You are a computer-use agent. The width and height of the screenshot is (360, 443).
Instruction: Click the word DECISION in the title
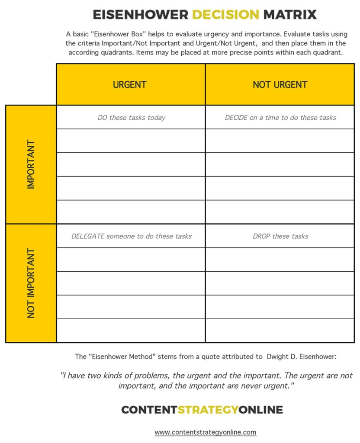coord(225,14)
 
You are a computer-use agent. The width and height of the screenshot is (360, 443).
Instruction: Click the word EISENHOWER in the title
coord(141,14)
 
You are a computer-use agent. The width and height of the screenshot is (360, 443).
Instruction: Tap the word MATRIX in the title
coord(290,14)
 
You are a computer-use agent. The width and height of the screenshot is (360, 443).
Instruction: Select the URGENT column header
coord(130,85)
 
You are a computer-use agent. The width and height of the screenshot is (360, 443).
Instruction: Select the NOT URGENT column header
coord(280,85)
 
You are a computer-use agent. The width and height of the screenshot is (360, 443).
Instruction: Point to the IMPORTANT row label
coord(31,164)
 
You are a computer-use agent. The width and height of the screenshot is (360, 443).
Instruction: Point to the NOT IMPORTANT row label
coord(31,283)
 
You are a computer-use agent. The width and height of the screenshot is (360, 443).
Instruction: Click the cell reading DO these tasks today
coord(131,117)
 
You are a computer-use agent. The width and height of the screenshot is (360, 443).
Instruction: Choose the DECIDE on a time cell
coord(280,117)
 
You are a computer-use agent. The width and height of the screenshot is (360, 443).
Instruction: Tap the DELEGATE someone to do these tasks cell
coord(131,236)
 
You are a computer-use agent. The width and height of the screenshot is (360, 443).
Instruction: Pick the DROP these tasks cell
coord(280,236)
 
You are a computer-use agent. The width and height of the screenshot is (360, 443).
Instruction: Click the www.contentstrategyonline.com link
coord(206,432)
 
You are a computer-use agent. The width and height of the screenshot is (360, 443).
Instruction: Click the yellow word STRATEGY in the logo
coord(208,410)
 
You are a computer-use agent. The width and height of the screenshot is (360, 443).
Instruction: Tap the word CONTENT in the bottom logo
coord(149,410)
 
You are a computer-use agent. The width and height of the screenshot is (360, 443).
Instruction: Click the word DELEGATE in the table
coord(88,236)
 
